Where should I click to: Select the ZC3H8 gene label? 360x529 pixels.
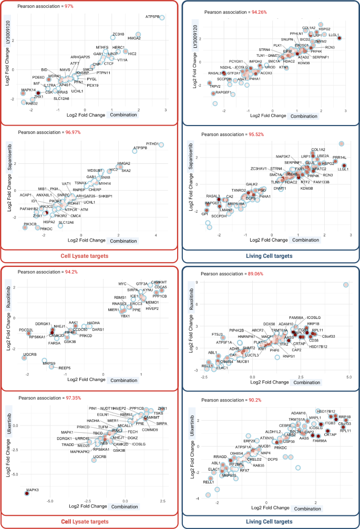118,34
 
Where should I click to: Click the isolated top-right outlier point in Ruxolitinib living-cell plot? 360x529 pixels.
346,285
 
